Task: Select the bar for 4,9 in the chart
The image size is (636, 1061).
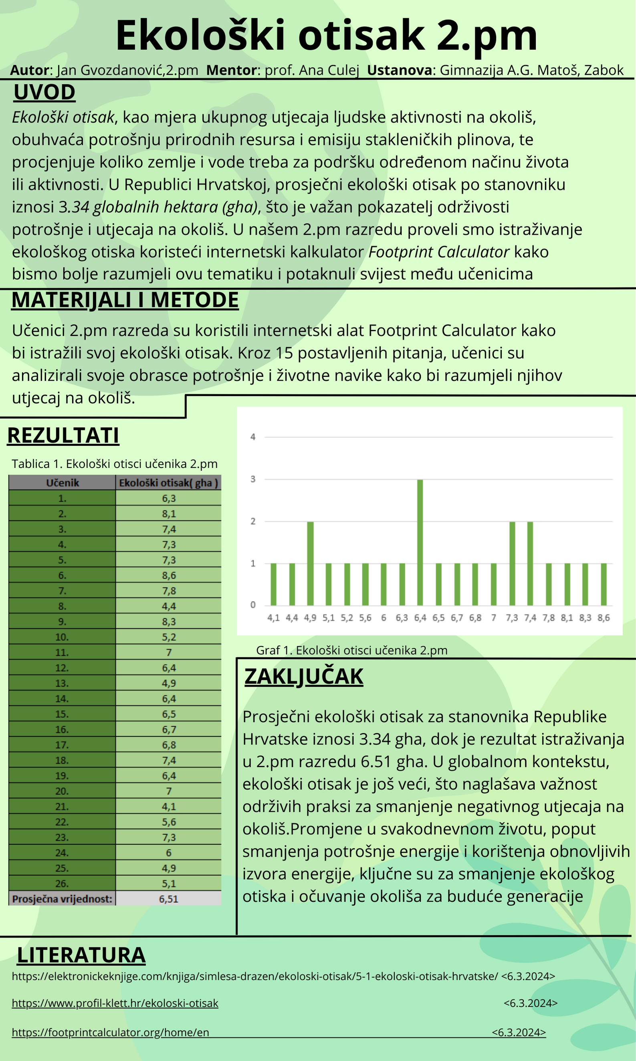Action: pos(310,563)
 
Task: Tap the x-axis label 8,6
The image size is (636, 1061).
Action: pos(604,618)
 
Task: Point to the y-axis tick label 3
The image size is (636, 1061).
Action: pos(253,479)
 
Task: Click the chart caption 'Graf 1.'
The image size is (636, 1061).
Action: pos(351,650)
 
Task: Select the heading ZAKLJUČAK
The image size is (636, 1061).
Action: pos(303,677)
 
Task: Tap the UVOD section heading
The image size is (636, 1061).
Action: pos(44,92)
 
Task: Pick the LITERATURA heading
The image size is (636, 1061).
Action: pos(81,955)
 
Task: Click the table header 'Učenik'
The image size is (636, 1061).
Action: pos(63,483)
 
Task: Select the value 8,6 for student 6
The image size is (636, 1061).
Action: pos(169,575)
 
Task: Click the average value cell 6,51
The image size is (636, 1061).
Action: pos(168,899)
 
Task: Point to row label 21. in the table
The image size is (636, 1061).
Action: pos(62,807)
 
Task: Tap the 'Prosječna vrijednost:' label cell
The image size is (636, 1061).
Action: pos(62,899)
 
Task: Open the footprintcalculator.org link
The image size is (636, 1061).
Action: pos(110,1032)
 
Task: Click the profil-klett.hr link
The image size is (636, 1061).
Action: pos(115,1003)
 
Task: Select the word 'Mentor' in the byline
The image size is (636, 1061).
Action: pos(231,70)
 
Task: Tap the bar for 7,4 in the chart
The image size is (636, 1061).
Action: pos(530,563)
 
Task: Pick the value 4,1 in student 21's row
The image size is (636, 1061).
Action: pos(169,807)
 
